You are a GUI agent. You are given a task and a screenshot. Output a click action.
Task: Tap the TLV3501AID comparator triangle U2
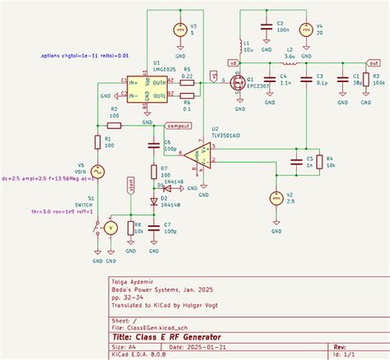197,155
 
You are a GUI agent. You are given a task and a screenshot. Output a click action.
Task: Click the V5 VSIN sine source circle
97,171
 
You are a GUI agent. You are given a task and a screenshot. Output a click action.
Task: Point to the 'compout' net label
179,125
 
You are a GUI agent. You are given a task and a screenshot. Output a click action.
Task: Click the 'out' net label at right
372,62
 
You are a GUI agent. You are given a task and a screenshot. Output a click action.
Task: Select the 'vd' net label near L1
234,62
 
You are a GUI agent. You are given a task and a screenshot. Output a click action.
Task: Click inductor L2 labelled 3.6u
290,62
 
